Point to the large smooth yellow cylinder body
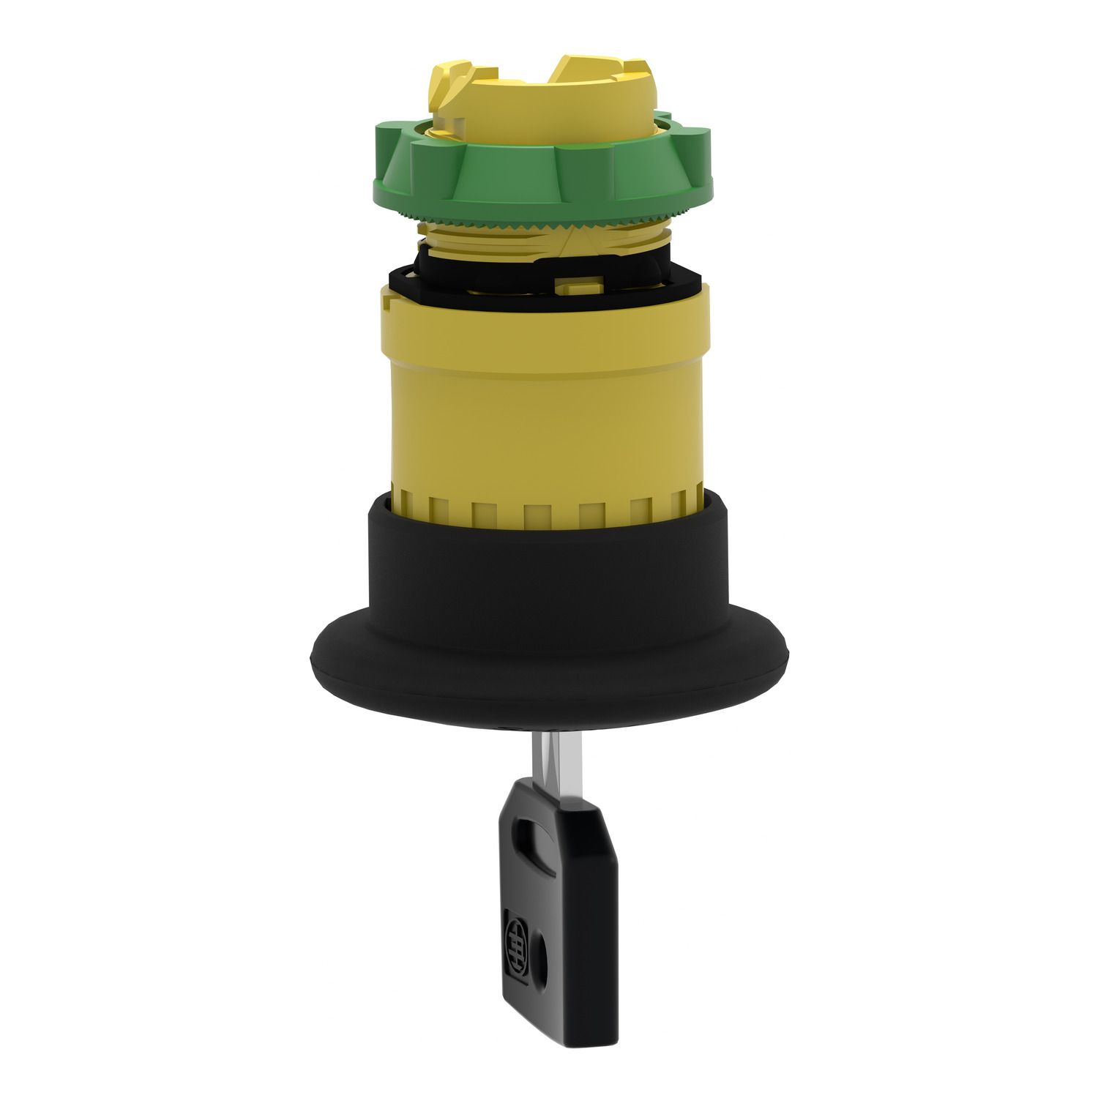point(542,410)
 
